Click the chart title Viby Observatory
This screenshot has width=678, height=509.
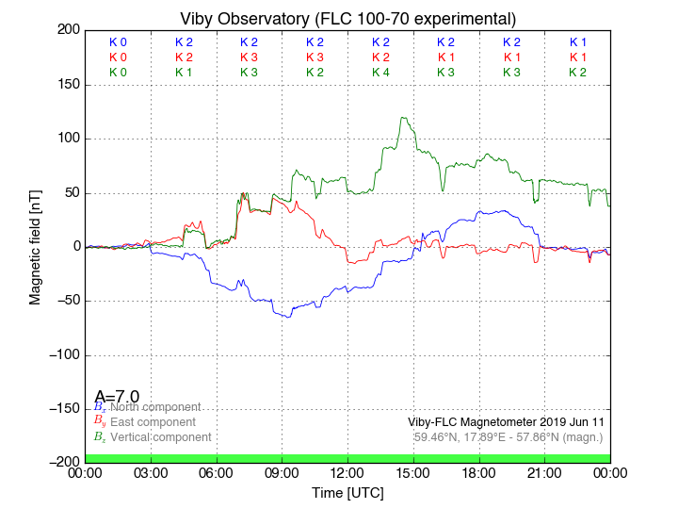[347, 19]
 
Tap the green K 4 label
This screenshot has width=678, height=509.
[380, 73]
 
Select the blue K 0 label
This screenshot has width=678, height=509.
[118, 42]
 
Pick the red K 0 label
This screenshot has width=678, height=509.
[118, 57]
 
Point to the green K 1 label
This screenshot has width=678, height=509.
[184, 73]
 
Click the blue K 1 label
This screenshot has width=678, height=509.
[577, 42]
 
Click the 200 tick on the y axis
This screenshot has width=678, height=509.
[68, 30]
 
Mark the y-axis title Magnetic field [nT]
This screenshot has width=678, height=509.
[35, 245]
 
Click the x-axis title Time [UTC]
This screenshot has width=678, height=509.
[347, 492]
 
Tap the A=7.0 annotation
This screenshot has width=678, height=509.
[117, 397]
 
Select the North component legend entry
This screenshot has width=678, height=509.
[154, 407]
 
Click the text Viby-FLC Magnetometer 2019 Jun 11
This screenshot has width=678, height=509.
[505, 422]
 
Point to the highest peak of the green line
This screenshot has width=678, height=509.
[403, 118]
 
